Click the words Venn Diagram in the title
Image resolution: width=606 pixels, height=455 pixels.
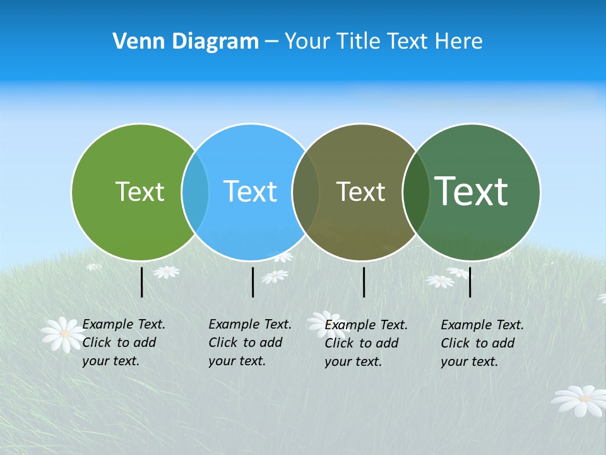click(x=186, y=42)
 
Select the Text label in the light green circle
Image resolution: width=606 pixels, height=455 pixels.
click(x=140, y=191)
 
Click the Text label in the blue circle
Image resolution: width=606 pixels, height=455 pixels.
click(x=250, y=191)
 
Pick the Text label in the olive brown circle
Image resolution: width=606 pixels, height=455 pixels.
click(x=360, y=191)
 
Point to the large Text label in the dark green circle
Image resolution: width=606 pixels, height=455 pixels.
click(x=472, y=191)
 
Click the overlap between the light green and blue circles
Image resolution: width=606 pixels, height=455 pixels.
click(x=195, y=191)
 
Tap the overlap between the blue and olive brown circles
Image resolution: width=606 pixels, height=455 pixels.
click(x=306, y=191)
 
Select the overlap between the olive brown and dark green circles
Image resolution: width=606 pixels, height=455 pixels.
click(x=416, y=191)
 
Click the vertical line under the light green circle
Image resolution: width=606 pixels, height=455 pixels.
click(x=142, y=282)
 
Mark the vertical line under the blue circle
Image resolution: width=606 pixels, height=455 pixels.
click(x=252, y=282)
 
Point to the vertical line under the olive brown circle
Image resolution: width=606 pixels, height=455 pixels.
click(x=364, y=282)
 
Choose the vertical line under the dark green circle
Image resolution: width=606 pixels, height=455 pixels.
click(x=470, y=282)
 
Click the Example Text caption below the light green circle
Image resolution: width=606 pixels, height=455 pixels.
click(x=123, y=343)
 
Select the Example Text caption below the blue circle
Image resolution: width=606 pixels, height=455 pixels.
click(x=249, y=343)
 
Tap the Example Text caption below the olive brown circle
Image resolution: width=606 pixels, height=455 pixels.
click(x=365, y=343)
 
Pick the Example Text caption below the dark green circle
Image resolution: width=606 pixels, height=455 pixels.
click(x=482, y=343)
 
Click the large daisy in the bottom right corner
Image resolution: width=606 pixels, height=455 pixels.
click(x=580, y=400)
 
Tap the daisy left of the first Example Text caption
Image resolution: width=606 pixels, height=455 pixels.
click(x=63, y=334)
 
